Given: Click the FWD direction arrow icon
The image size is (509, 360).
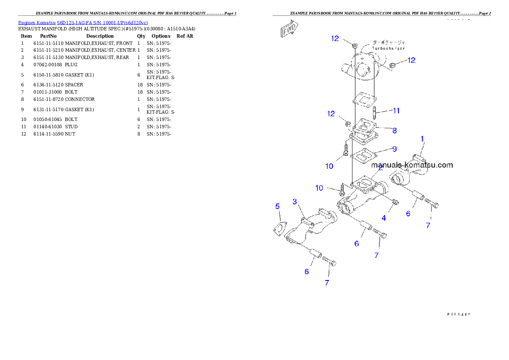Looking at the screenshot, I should click(x=290, y=30).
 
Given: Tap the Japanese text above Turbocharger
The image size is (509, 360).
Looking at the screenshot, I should click(x=388, y=43).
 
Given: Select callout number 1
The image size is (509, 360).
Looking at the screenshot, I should click(x=422, y=139).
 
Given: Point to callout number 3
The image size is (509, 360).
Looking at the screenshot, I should click(x=295, y=201).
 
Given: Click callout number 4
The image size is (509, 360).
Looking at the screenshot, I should click(x=384, y=218).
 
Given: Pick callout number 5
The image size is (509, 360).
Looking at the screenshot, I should click(x=278, y=207).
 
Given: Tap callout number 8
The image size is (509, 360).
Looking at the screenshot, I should click(x=394, y=130).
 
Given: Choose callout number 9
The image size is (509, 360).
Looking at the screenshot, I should click(x=394, y=149).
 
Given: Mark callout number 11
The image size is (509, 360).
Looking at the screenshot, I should click(x=397, y=111).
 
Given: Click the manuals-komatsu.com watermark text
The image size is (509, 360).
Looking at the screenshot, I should click(x=412, y=165).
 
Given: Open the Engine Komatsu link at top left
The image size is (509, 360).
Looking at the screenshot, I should click(x=83, y=23).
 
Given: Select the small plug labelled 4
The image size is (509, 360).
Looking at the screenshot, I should click(x=395, y=202).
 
